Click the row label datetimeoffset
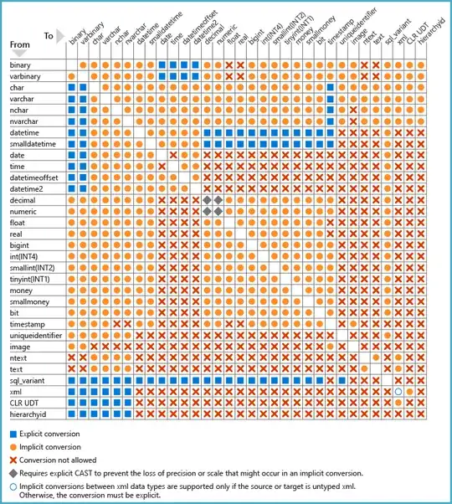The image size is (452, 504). tap(32, 177)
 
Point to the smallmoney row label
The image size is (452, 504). tap(28, 301)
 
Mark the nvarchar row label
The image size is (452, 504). tap(24, 121)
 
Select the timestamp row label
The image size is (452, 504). tap(27, 323)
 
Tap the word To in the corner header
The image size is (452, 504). tap(49, 36)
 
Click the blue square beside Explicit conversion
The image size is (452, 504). tap(13, 434)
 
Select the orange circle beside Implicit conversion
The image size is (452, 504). tap(13, 447)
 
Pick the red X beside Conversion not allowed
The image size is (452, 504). tap(13, 460)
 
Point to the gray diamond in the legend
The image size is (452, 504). tap(13, 472)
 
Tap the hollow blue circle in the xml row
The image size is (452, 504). tap(398, 391)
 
